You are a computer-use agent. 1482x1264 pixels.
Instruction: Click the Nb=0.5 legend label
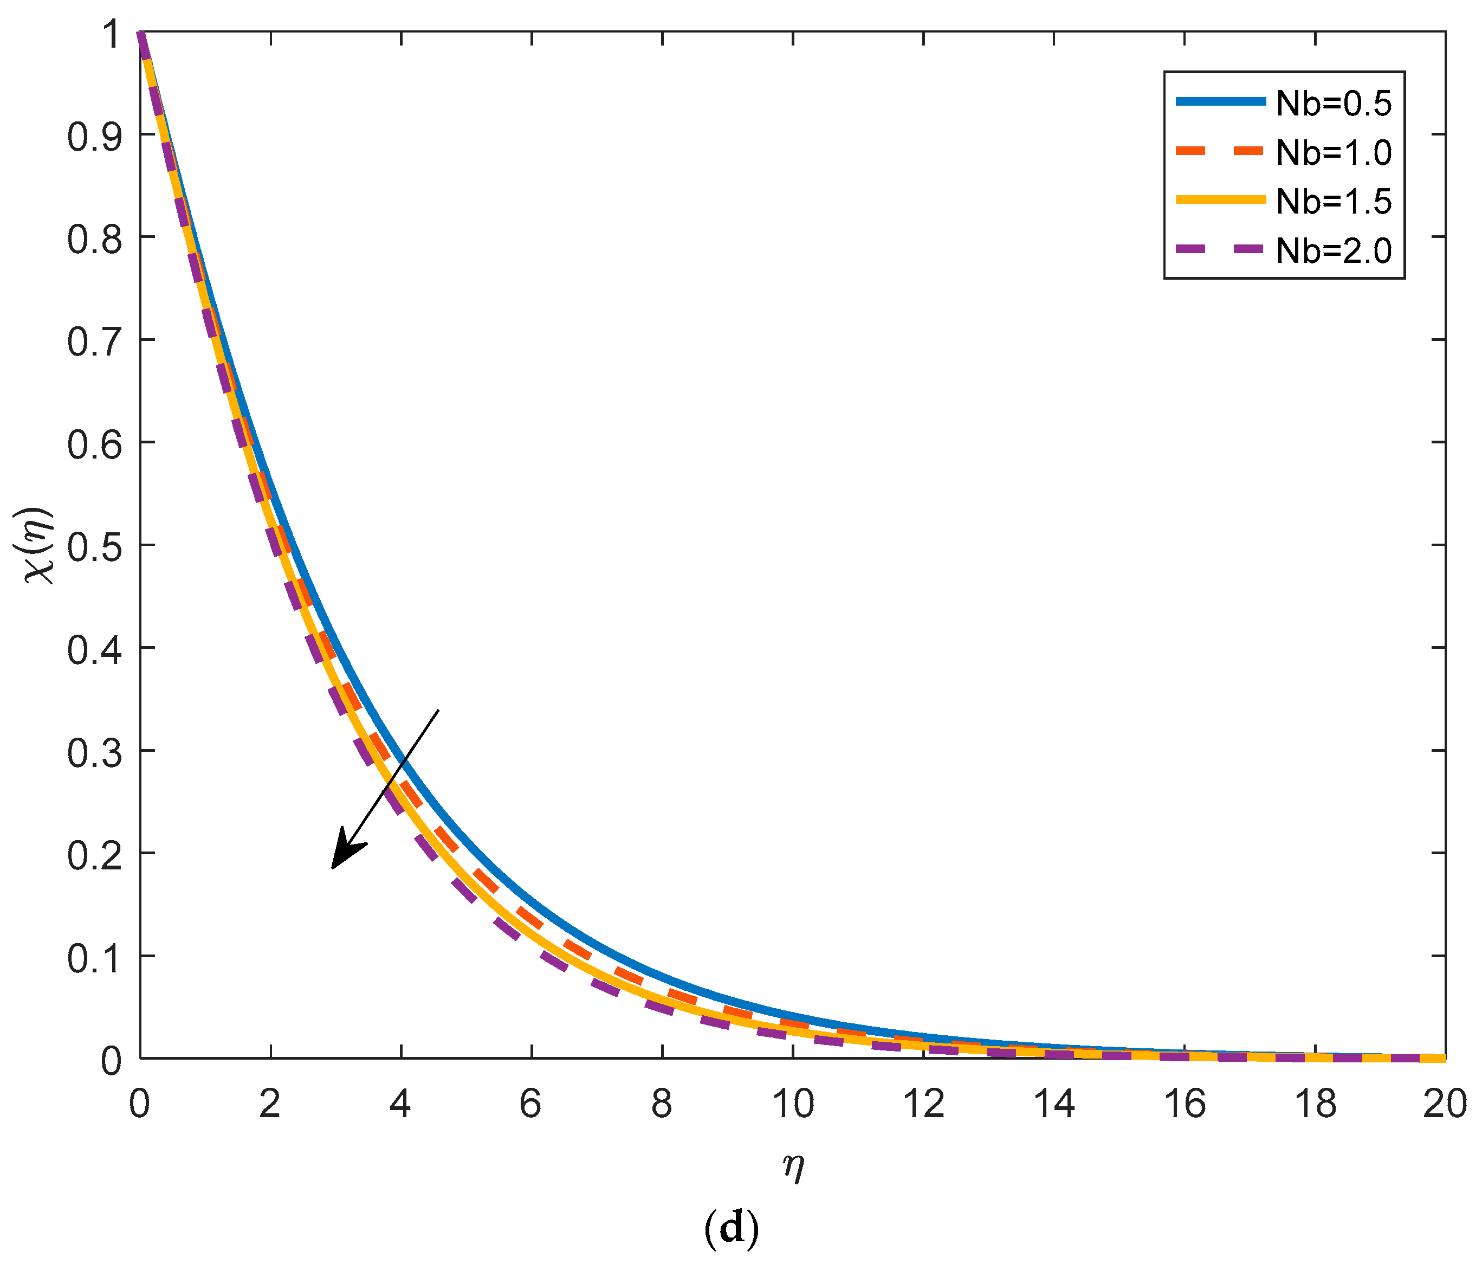1334,105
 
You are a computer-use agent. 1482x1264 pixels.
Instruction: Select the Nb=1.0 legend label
1334,153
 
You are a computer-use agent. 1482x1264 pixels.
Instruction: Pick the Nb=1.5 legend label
1334,202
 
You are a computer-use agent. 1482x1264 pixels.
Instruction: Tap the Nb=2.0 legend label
1334,251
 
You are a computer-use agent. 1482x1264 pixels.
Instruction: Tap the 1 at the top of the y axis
112,34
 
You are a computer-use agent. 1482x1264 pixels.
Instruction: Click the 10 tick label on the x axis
793,1104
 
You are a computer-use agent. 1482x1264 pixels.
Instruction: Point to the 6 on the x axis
530,1104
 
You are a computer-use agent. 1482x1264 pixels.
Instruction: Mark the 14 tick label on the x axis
1054,1104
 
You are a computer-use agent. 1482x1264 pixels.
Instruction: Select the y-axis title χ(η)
40,545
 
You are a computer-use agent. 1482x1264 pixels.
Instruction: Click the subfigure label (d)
731,1228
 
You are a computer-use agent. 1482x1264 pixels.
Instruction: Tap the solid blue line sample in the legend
1220,102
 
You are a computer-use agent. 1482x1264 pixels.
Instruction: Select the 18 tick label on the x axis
1315,1104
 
